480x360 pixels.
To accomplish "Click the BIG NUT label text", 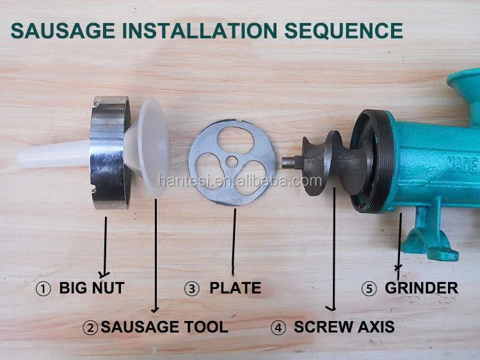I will [x=92, y=288].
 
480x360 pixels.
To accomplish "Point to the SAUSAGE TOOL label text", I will [x=164, y=327].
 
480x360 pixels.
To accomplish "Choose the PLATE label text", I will [x=235, y=288].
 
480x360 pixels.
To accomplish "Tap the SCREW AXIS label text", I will [x=344, y=327].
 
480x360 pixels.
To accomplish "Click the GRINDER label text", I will [x=421, y=288].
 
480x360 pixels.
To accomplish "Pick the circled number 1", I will [x=44, y=289].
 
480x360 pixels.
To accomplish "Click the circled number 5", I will [x=369, y=289].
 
